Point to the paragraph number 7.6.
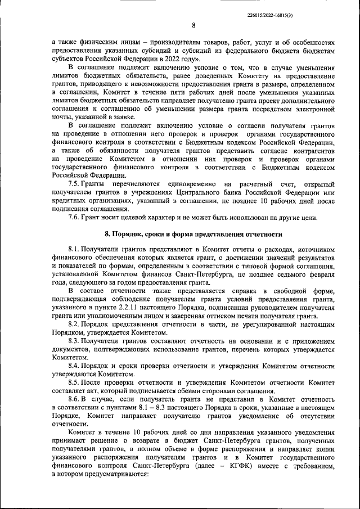click(74, 218)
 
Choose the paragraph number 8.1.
click(74, 248)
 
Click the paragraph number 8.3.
click(74, 341)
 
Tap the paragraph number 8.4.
click(74, 366)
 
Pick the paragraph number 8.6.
click(74, 399)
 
